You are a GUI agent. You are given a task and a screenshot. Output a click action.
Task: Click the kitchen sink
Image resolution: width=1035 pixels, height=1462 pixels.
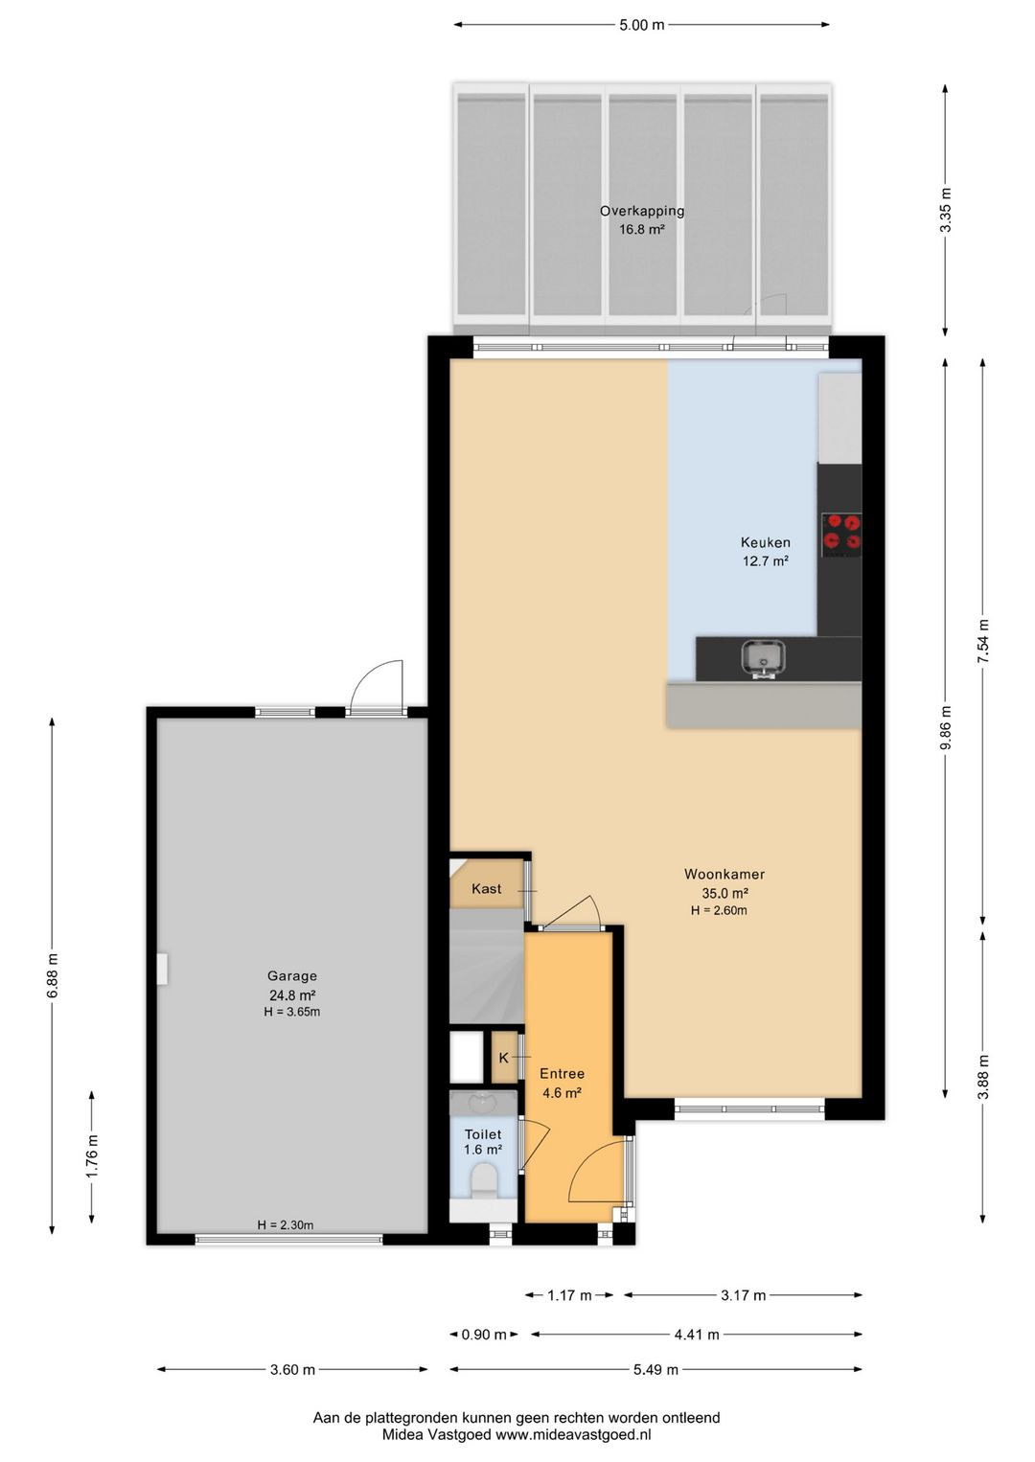(764, 660)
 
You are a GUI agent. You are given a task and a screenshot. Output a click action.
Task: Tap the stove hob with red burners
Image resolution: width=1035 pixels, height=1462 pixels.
(841, 534)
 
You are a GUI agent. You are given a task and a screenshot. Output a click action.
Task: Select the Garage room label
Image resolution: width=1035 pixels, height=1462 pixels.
(292, 975)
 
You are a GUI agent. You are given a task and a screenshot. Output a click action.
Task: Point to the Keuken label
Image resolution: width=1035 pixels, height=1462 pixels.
(766, 541)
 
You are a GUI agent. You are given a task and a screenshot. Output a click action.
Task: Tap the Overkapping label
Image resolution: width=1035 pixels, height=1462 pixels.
(642, 211)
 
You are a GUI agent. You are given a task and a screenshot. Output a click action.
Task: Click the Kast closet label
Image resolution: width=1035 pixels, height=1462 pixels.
(487, 888)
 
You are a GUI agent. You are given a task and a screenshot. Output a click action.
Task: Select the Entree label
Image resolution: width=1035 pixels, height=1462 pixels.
(563, 1074)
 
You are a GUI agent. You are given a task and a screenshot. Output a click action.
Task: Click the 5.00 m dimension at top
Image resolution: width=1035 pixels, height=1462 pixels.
(642, 25)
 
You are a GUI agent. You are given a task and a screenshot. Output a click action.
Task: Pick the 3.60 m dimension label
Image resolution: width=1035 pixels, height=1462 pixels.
(292, 1369)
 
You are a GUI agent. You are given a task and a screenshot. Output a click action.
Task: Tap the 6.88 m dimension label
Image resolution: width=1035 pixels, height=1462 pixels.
(53, 975)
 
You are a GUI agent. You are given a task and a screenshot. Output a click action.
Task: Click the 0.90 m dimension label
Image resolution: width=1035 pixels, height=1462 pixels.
(484, 1335)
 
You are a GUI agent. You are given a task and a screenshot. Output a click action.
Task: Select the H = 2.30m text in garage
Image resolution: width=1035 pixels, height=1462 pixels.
(286, 1225)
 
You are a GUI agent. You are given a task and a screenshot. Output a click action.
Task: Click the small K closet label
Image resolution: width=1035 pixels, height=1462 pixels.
(503, 1058)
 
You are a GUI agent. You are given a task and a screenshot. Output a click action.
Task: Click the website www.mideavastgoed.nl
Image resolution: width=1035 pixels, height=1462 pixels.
(573, 1435)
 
